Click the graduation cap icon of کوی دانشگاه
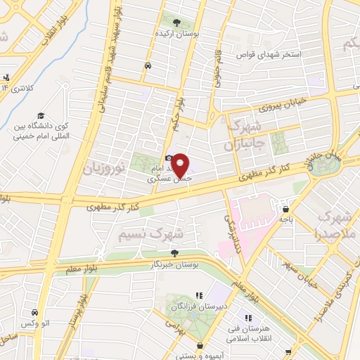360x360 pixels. click(x=41, y=116)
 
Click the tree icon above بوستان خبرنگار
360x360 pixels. click(x=175, y=253)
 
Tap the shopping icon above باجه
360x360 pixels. click(x=286, y=209)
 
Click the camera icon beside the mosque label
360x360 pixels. click(x=168, y=160)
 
